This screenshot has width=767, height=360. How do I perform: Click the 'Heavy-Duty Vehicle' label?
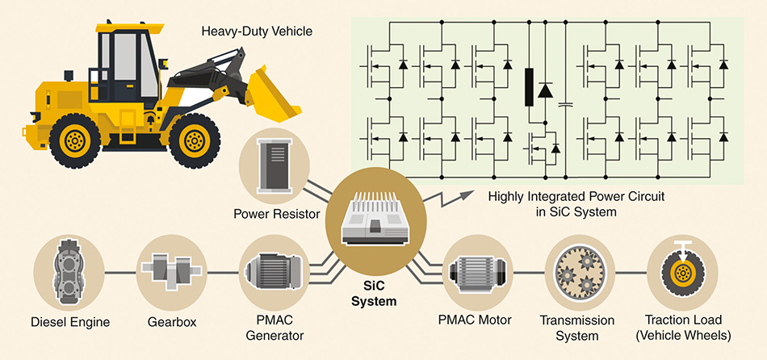[256, 33]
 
